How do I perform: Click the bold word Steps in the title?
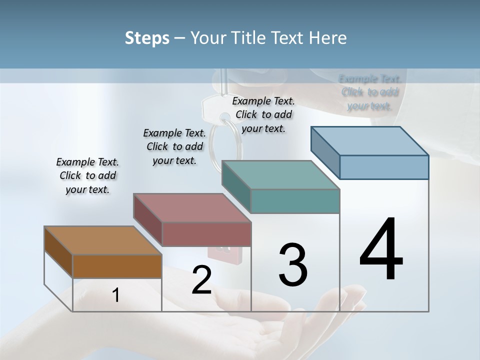tap(146, 38)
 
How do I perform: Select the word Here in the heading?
tap(328, 38)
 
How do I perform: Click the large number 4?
tap(381, 250)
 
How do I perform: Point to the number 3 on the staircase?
tap(293, 264)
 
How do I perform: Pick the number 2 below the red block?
tap(201, 280)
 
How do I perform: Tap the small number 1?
tap(116, 295)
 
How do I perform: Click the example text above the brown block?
tap(87, 175)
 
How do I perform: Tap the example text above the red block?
tap(174, 146)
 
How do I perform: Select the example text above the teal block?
tap(263, 114)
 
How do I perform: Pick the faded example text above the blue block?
tap(370, 92)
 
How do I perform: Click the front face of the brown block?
tap(117, 266)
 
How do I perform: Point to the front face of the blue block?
tap(384, 167)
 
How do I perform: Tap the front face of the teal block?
tap(295, 201)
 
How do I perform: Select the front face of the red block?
tap(206, 234)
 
